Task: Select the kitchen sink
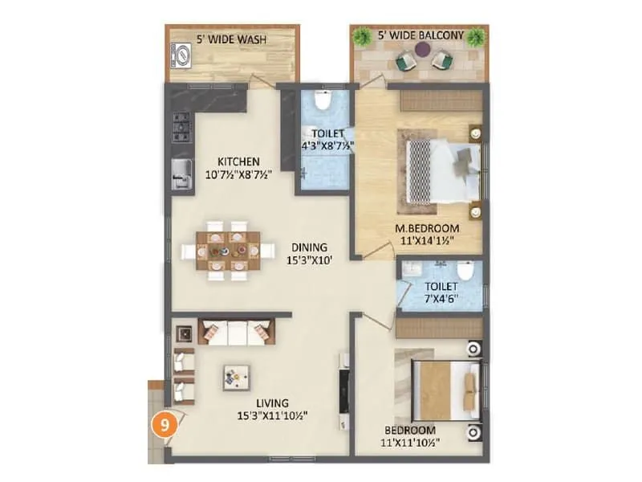tap(182, 172)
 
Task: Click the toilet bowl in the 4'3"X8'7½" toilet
tap(323, 102)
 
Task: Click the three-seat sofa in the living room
tap(237, 331)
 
